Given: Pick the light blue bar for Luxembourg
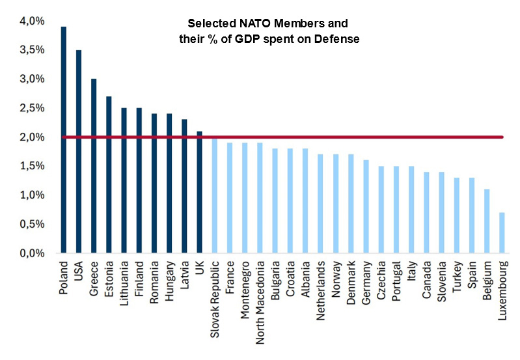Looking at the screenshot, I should coord(502,232).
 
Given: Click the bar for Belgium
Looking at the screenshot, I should coord(486,221).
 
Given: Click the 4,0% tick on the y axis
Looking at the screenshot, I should coord(31,21).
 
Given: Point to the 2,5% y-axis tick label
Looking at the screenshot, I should coord(31,108).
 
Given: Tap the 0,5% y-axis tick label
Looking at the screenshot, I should coord(31,224).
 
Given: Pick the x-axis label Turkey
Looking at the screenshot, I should coord(456,277).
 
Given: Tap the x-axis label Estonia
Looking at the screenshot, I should coord(109,279).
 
